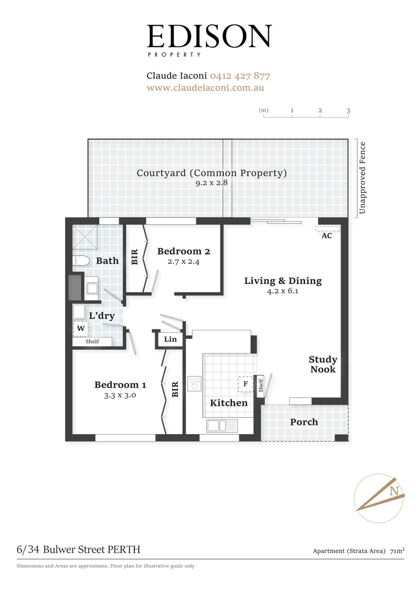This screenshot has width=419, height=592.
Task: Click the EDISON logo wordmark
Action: [x=209, y=36]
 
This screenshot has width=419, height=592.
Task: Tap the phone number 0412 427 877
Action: [x=240, y=76]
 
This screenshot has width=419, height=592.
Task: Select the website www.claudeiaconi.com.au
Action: [x=206, y=88]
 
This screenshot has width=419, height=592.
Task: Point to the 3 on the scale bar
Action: [x=348, y=111]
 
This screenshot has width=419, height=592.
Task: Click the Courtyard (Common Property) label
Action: [x=212, y=173]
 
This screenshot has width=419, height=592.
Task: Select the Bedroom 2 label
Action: [x=183, y=252]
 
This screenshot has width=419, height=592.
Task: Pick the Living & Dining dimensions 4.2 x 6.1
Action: [x=283, y=292]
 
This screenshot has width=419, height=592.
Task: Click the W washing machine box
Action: [x=81, y=328]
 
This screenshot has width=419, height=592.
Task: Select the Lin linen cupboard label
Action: [x=171, y=339]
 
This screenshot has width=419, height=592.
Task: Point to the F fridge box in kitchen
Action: [x=246, y=384]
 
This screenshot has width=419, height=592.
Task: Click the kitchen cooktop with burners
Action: [x=195, y=383]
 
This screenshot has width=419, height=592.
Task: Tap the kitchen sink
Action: [x=222, y=425]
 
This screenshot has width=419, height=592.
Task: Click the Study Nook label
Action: [x=323, y=365]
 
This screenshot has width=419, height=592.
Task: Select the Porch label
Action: [x=304, y=422]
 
